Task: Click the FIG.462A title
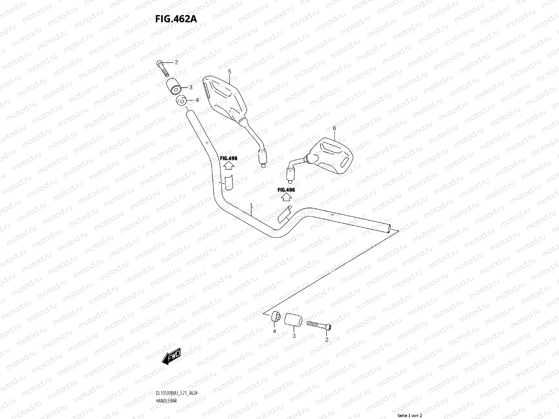176,19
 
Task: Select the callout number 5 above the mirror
230,72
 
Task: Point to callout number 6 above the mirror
334,128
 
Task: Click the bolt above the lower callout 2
319,325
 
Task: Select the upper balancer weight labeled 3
175,87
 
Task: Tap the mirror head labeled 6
334,156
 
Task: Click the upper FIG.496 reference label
228,158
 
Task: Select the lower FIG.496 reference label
286,190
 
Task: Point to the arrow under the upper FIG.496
228,165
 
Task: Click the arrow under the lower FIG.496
286,197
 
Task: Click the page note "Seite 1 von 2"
410,416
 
